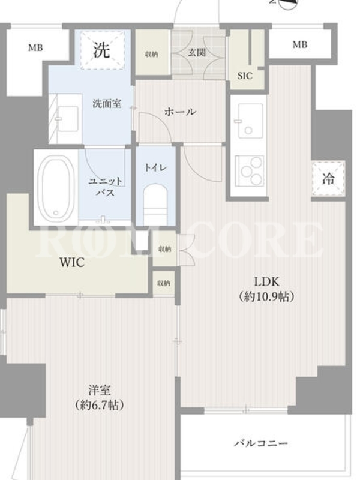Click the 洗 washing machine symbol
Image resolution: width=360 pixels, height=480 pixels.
tap(103, 50)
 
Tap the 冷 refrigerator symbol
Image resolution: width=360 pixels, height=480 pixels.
tap(328, 179)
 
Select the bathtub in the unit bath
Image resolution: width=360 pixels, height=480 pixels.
tap(56, 187)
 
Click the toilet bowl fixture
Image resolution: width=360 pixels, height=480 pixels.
tap(156, 203)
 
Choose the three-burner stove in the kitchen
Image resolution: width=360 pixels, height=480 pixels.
tap(249, 171)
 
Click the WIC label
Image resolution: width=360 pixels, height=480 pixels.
tap(72, 263)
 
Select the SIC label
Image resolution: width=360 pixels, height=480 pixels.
tap(245, 76)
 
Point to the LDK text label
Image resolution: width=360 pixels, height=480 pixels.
tap(266, 281)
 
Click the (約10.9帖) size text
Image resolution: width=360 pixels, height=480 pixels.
tap(266, 296)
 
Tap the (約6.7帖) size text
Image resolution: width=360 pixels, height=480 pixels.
tap(100, 406)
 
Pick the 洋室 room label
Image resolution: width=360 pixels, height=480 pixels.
tap(100, 391)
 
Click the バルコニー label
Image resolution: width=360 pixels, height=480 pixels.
tap(261, 443)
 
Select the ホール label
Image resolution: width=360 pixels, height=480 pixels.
tap(180, 112)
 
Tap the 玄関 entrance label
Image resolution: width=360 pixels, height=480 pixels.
tap(197, 53)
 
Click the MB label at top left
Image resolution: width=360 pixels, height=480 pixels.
tap(36, 48)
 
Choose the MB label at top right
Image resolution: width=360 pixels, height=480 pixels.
tap(299, 44)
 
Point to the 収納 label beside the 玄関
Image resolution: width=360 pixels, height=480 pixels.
tap(151, 55)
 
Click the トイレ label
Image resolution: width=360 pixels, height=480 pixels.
tap(155, 167)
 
